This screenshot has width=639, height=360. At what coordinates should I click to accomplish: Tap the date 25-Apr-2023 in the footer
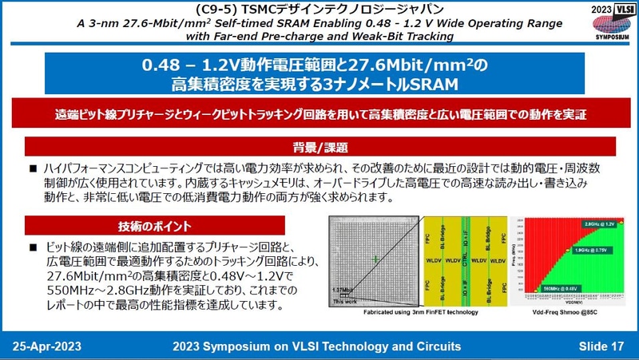(46, 346)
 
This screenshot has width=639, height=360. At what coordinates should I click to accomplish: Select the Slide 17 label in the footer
(601, 346)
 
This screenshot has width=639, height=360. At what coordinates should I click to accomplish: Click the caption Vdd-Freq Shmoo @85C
(565, 312)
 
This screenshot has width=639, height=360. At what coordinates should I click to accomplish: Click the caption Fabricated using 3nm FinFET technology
(421, 312)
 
